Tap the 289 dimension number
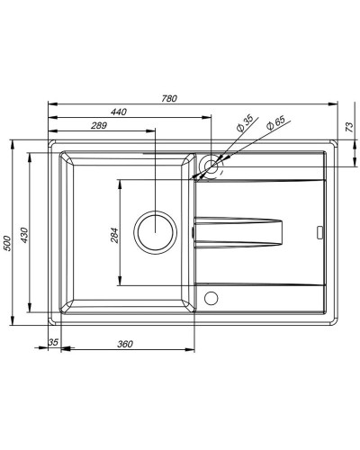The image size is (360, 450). tap(99, 126)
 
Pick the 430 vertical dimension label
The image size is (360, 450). tap(26, 236)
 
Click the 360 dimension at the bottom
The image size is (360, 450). tap(125, 345)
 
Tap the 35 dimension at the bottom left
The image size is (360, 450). tap(53, 343)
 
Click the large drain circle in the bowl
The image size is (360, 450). tap(155, 230)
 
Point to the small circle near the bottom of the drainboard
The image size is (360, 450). tap(211, 298)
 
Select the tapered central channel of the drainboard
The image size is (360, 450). tap(241, 231)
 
